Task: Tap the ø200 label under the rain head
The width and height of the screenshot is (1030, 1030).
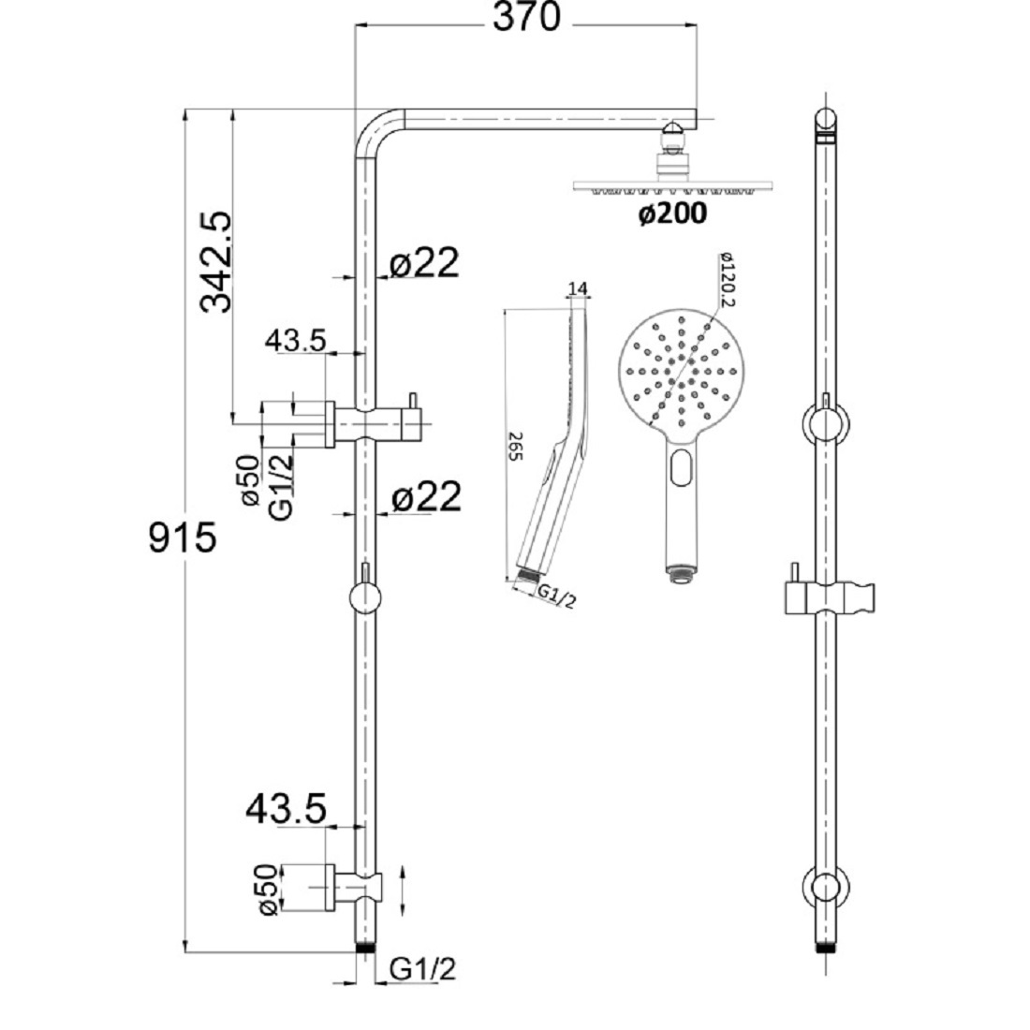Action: coord(672,214)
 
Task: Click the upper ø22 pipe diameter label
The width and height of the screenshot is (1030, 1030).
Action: coord(425,265)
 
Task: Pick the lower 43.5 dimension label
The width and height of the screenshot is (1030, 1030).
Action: coord(287,806)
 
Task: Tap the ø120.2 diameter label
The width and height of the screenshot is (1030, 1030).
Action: coord(728,278)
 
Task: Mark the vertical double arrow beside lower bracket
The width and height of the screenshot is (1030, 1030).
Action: coord(404,892)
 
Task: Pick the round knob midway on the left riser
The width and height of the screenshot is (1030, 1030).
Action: coord(364,596)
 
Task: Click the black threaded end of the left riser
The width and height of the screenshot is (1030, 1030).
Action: coord(364,949)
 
